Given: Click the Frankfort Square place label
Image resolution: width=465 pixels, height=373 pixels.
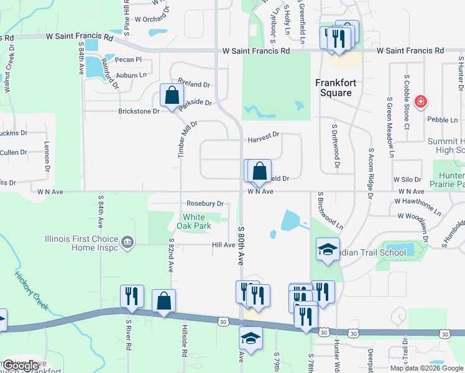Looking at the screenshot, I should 333,87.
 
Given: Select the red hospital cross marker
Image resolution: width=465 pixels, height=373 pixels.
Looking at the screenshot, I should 421,101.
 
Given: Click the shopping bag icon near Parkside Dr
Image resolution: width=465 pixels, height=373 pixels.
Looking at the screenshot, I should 172,96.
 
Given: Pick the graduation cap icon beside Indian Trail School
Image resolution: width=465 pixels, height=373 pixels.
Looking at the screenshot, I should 325,249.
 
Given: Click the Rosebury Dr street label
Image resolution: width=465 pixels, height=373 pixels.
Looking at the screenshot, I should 205,203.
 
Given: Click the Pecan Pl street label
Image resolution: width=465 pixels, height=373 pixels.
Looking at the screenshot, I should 129,60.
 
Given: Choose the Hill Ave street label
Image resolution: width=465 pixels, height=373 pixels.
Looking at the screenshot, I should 223,245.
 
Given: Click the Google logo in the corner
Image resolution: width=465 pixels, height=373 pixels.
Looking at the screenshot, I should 21,366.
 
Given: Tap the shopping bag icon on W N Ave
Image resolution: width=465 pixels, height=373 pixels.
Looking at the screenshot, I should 260,171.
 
